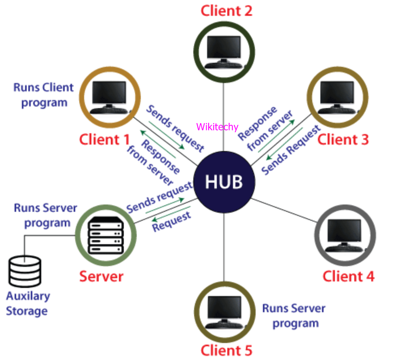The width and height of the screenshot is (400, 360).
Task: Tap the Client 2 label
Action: click(x=226, y=11)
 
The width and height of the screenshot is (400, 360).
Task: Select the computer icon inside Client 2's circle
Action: click(x=224, y=52)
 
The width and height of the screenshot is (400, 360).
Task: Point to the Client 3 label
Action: click(x=343, y=140)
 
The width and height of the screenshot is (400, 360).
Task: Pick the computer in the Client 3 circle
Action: click(x=337, y=97)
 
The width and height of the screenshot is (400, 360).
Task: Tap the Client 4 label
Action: click(x=348, y=277)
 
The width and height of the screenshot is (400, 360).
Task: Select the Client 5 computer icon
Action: click(x=224, y=311)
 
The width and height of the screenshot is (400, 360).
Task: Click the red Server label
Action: click(x=101, y=277)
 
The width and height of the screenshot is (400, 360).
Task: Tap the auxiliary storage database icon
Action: click(x=25, y=272)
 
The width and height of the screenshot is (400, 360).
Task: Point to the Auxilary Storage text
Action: click(x=28, y=304)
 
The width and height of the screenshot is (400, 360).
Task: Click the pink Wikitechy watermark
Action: click(x=217, y=127)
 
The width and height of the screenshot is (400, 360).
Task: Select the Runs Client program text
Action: click(x=44, y=95)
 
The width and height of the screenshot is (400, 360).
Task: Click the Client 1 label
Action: click(x=104, y=140)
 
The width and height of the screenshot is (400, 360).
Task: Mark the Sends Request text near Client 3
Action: click(x=291, y=151)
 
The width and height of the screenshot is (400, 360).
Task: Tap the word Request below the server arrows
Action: click(x=171, y=222)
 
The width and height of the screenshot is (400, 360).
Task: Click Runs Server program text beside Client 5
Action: click(x=294, y=316)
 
